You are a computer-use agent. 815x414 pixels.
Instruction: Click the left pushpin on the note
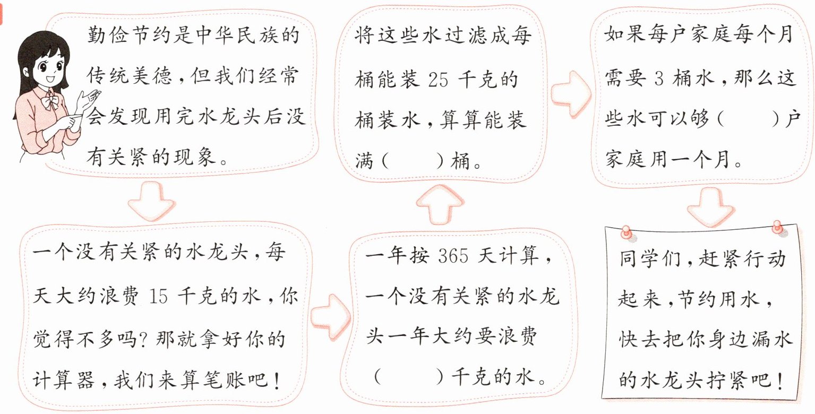[x=627, y=231]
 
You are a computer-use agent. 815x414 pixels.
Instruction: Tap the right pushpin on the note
[x=779, y=228]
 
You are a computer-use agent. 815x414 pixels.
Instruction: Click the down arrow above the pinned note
[x=709, y=204]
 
